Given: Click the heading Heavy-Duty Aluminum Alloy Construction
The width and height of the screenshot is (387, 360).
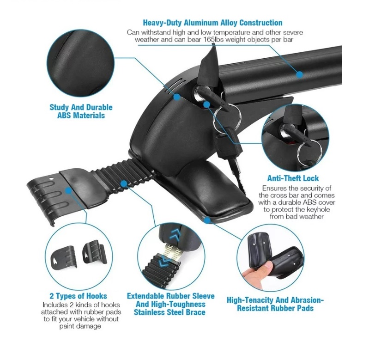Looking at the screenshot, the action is coord(212,23).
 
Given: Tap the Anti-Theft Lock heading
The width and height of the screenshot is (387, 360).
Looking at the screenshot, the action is coord(293,178).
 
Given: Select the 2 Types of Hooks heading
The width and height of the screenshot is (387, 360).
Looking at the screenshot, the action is coord(78,296).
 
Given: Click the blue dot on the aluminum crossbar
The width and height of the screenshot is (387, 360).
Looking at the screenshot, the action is coord(299,74).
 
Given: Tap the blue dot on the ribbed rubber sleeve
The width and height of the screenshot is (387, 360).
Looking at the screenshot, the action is coord(124,183).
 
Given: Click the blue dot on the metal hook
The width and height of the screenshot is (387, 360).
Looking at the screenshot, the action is coord(68,191).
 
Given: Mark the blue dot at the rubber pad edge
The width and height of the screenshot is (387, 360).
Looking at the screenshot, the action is coord(207,220).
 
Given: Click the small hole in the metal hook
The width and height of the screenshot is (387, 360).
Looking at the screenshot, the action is coord(51,178).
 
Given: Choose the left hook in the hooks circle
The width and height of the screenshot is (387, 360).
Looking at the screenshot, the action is coord(63,257).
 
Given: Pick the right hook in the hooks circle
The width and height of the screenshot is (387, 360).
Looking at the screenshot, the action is coord(94,252).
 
